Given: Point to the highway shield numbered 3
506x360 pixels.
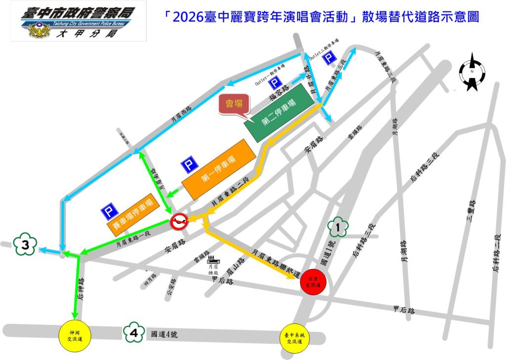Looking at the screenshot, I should (x=25, y=244).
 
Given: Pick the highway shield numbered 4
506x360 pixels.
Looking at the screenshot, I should (x=134, y=333).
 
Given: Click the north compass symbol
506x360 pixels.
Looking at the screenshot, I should (x=472, y=73).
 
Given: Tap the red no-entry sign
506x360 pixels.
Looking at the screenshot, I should (x=179, y=222).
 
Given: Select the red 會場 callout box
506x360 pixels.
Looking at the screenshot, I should (x=235, y=105).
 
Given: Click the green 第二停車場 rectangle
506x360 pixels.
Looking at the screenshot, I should (x=279, y=113).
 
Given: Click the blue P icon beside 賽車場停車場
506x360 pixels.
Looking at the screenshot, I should (x=109, y=213).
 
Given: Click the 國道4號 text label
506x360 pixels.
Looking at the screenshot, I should (x=163, y=334).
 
